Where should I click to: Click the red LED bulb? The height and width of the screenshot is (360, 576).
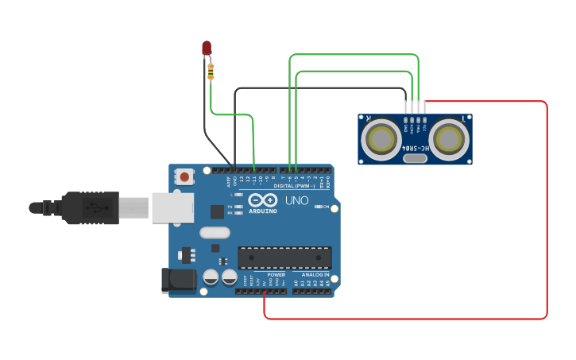point(207,48)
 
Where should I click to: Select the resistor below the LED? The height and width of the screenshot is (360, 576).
point(211,72)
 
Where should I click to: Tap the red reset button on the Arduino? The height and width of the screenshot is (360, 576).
point(184,176)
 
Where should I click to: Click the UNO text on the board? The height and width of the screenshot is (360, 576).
point(296,201)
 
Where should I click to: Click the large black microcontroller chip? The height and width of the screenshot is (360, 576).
point(284,257)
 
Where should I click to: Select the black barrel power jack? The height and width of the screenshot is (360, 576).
point(178,280)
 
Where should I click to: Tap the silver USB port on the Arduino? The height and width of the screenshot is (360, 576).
point(172,207)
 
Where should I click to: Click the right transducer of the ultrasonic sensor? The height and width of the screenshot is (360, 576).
point(449,139)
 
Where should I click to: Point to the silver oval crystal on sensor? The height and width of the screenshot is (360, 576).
point(415,158)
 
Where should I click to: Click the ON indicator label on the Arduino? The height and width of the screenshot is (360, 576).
point(324,207)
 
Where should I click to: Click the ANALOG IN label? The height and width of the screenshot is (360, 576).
point(315,275)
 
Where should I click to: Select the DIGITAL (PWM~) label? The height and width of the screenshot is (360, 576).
point(294,186)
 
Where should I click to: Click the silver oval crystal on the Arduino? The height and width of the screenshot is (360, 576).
point(215,233)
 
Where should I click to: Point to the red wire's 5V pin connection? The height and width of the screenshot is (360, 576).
point(264,292)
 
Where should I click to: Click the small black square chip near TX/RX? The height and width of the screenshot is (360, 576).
point(217,211)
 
